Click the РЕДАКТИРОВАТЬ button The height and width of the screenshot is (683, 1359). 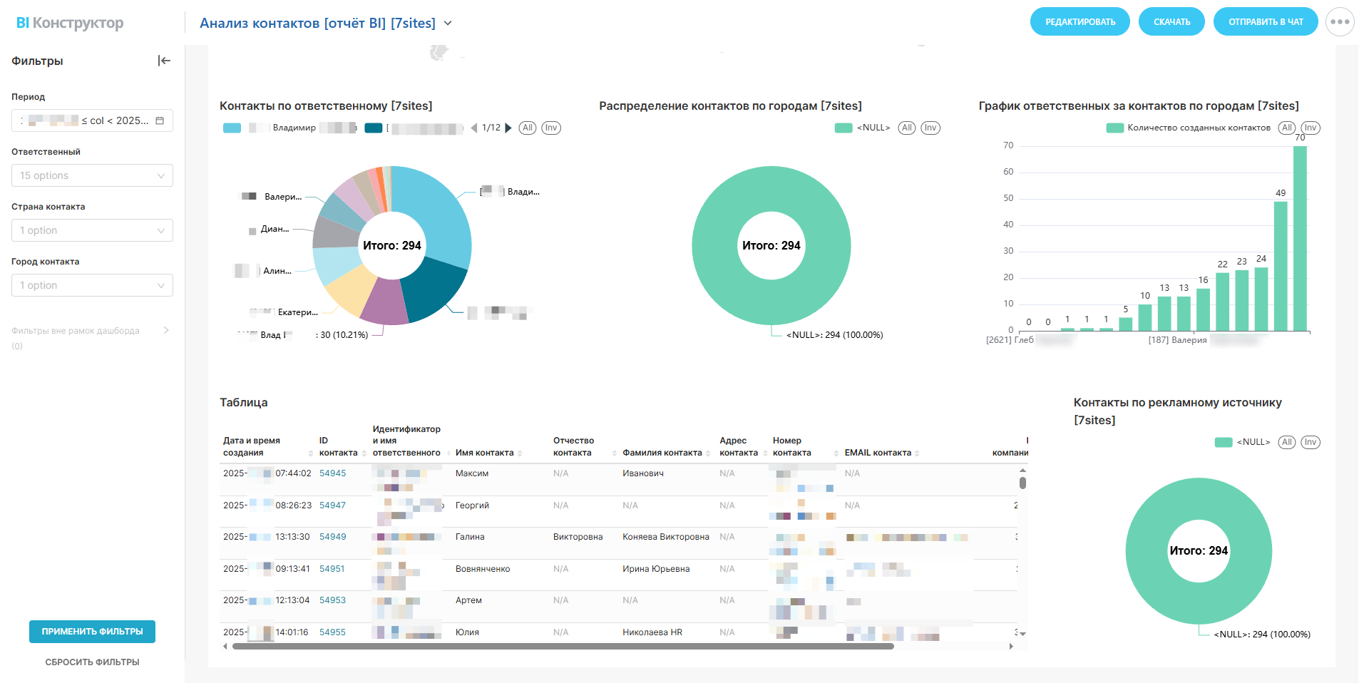pos(1079,22)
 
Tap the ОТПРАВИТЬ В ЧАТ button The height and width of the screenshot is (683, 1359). pos(1265,22)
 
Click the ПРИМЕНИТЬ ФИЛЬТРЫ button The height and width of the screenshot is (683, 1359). pos(92,632)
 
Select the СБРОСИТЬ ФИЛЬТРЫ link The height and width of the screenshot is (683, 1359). pos(92,662)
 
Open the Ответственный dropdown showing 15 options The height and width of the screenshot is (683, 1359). pos(92,175)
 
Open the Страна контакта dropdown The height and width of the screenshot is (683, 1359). pos(92,230)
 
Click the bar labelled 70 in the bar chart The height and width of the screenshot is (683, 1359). pos(1300,238)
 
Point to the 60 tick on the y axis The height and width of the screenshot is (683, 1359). pos(1008,172)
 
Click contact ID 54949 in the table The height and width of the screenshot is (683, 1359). pos(332,537)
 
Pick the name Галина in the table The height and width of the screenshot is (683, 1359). pos(470,537)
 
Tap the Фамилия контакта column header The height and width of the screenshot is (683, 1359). pos(662,453)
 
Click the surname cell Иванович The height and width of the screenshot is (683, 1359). pos(642,473)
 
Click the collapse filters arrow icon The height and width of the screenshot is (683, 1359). pos(164,61)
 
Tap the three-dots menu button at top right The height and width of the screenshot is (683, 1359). pos(1340,22)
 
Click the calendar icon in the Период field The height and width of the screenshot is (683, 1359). pos(160,120)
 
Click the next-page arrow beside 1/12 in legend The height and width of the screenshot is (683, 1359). pos(508,128)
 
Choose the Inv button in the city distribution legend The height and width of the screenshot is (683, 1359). pos(930,128)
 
